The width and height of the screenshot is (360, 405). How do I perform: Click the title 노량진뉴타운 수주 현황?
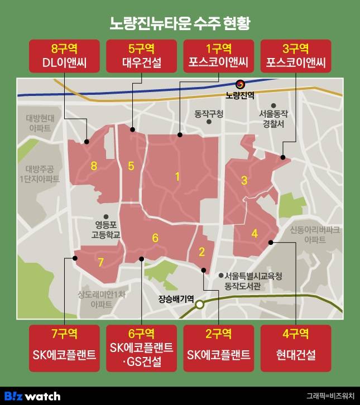tap(180, 23)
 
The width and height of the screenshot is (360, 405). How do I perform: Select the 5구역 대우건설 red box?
tap(141, 55)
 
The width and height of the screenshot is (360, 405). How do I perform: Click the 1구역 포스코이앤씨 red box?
tap(218, 55)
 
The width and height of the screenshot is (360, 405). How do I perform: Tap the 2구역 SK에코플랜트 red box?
tap(218, 346)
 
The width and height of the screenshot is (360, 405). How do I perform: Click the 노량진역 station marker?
tap(240, 84)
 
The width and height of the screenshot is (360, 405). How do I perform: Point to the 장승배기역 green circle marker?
tap(200, 305)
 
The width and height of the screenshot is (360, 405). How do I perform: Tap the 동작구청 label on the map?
tap(208, 114)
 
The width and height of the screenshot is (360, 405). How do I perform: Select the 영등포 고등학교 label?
tap(105, 230)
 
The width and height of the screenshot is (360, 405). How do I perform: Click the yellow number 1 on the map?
tap(177, 177)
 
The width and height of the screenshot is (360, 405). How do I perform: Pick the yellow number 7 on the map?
tap(100, 262)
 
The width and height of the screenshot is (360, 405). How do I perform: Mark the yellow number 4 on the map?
tap(255, 234)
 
